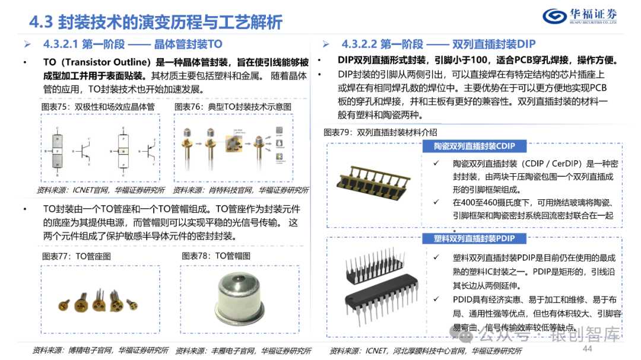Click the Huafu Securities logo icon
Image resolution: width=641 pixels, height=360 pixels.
[555, 16]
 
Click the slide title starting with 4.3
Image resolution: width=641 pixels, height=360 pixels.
[156, 22]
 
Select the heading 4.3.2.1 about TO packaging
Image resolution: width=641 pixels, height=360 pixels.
[132, 44]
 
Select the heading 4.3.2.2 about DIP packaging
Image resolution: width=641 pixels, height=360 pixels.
[438, 44]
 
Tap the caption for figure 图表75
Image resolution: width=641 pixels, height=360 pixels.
[98, 106]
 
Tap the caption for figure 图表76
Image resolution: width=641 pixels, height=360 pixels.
[233, 106]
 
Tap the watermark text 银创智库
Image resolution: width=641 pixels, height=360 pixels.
[585, 335]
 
